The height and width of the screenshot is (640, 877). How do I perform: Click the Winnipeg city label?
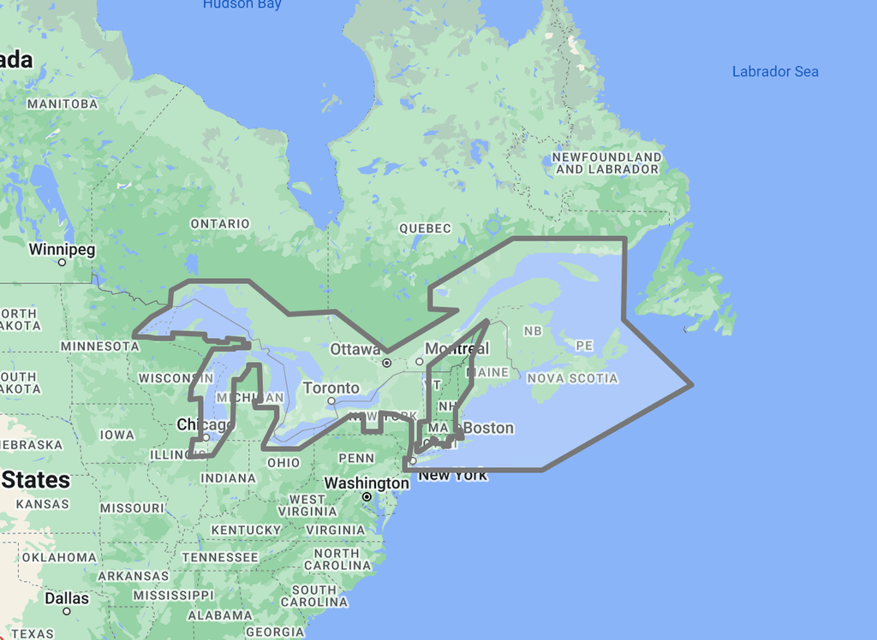(62, 250)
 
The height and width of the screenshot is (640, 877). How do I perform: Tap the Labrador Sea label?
(775, 72)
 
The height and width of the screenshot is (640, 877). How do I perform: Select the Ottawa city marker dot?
(387, 363)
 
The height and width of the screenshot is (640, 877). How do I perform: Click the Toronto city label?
(331, 388)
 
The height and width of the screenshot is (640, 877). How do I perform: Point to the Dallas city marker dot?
(67, 612)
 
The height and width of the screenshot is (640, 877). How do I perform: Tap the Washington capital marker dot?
(367, 497)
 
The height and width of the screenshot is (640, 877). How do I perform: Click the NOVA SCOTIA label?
(572, 378)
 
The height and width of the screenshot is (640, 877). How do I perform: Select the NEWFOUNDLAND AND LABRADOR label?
(607, 163)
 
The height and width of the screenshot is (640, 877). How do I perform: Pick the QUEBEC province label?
(425, 228)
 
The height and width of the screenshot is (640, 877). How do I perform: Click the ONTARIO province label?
(220, 224)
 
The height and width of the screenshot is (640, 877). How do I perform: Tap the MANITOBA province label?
(63, 104)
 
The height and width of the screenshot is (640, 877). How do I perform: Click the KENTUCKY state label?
(246, 530)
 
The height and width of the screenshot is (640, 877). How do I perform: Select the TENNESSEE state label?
(219, 557)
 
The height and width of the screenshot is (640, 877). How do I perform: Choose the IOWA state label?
(116, 435)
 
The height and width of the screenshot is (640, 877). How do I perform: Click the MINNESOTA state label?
(100, 347)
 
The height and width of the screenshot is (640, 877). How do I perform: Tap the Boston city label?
(489, 428)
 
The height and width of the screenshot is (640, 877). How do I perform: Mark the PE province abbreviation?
(584, 346)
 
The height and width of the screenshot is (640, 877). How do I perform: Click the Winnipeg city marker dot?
(62, 263)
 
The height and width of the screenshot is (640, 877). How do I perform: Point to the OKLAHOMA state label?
(59, 557)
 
